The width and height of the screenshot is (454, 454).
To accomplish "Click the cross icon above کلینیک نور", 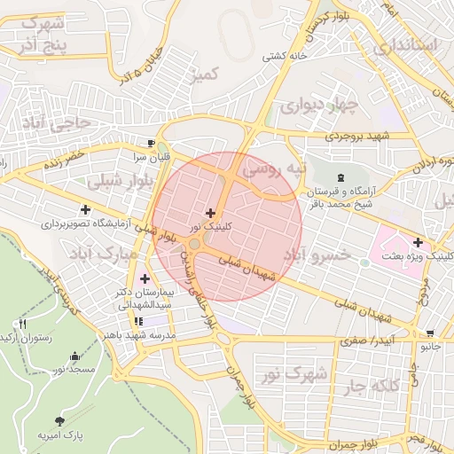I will click(210, 213).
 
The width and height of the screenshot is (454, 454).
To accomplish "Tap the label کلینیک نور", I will click(210, 228).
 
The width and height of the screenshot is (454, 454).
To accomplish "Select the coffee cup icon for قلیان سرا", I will click(152, 143).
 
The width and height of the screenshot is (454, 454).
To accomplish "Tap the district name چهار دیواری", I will click(317, 106).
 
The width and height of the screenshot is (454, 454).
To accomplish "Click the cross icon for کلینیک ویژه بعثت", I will click(418, 241).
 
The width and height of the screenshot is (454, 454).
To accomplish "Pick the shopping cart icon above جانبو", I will click(431, 334).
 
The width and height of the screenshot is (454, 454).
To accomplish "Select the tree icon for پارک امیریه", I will click(59, 420).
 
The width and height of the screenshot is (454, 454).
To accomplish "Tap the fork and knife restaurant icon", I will click(22, 324).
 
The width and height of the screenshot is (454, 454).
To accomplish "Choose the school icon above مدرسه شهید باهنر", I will click(138, 321).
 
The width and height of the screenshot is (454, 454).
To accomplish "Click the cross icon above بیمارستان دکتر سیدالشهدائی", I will click(144, 279).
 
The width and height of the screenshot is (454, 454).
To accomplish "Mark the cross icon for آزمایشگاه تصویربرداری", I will click(85, 210).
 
